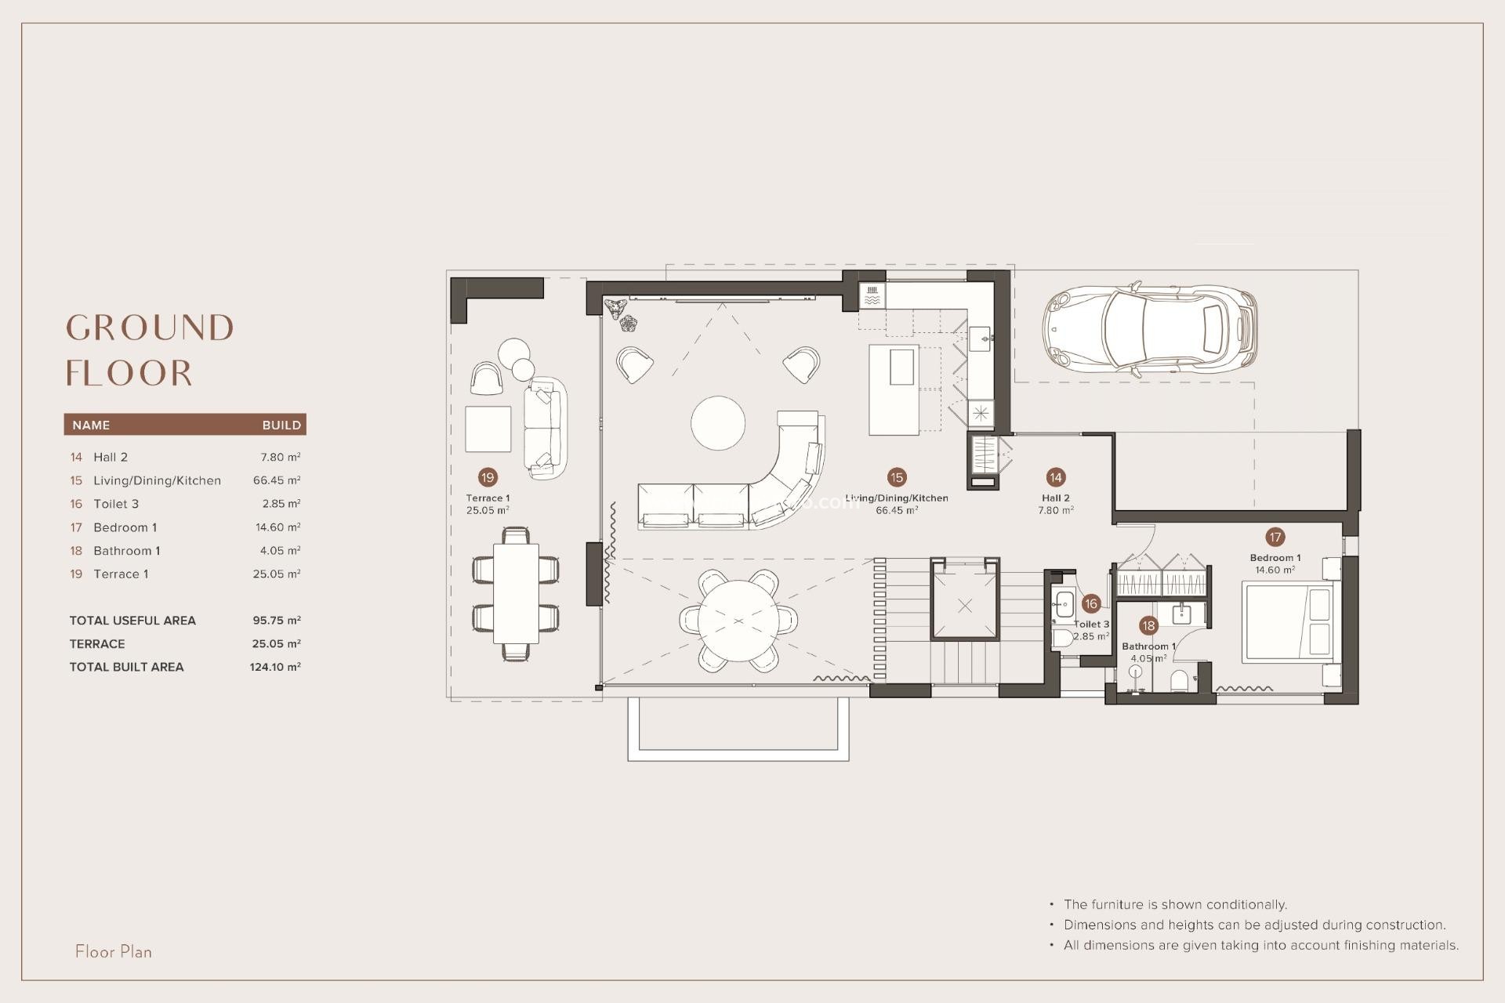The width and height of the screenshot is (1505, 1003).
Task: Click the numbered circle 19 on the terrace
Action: [488, 477]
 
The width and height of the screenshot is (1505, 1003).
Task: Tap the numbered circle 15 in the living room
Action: [897, 477]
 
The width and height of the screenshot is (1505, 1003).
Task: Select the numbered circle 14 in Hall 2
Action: [1055, 477]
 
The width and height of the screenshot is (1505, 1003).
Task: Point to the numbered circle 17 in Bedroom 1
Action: [1275, 537]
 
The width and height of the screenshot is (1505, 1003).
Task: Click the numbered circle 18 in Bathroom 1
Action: [1148, 625]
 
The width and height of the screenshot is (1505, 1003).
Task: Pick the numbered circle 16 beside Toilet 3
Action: [1090, 603]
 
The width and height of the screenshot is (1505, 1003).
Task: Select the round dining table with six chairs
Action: [738, 621]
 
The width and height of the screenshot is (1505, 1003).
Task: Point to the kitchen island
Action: [894, 389]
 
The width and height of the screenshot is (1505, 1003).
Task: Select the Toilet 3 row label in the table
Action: [115, 504]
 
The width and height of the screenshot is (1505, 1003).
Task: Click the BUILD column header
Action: [281, 425]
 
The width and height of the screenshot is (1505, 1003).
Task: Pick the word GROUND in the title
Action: [150, 328]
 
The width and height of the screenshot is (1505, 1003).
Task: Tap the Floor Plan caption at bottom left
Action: [114, 951]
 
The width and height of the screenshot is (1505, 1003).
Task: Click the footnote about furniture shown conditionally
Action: [1174, 904]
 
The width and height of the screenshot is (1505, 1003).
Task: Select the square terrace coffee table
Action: [488, 429]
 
